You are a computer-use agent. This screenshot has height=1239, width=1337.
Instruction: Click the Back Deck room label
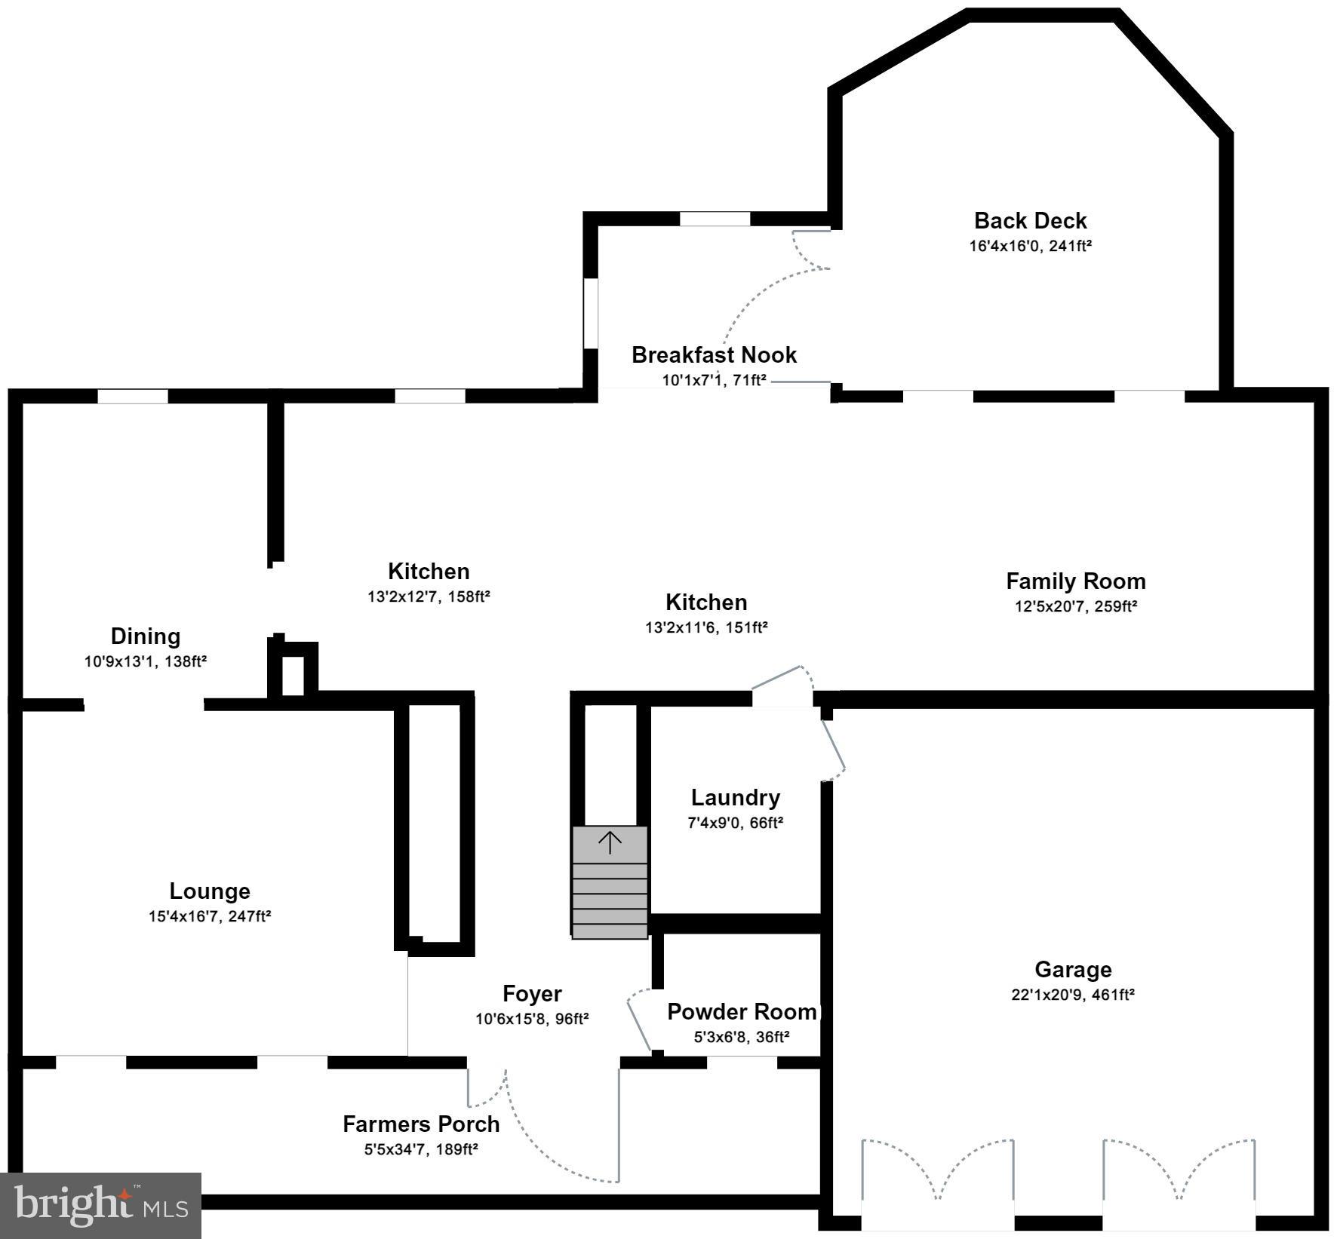[1030, 221]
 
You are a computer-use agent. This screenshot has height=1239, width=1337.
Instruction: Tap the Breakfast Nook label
[714, 354]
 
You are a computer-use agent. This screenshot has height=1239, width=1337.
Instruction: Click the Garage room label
[1072, 969]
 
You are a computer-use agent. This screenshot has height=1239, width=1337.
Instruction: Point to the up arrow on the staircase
[610, 842]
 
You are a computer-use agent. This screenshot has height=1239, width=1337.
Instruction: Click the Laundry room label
[735, 797]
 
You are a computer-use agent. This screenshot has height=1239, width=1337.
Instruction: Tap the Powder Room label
[741, 1011]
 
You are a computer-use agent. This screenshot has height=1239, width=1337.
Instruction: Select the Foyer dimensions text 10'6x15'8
[512, 1020]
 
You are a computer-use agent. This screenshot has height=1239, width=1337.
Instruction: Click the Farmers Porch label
[421, 1124]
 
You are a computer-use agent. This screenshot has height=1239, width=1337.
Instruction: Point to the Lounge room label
[209, 891]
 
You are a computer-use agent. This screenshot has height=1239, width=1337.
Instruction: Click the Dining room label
[145, 636]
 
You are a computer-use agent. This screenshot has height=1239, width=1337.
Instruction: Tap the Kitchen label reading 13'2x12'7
[429, 571]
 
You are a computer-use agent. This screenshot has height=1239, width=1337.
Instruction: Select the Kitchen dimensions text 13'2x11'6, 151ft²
[706, 627]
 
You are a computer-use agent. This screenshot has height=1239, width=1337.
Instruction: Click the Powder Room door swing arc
[638, 1014]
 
